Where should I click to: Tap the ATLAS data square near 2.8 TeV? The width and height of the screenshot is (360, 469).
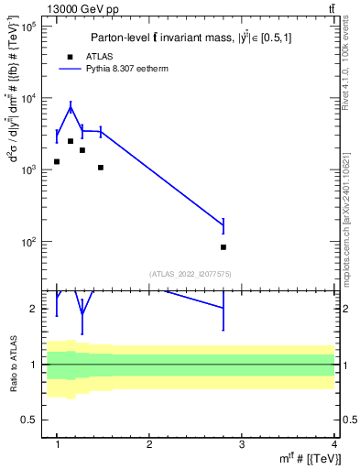tap(224, 247)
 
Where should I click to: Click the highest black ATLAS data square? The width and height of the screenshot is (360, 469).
tap(71, 141)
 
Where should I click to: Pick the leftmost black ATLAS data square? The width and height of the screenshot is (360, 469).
tap(57, 161)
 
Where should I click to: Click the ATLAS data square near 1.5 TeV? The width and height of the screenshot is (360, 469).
tap(101, 168)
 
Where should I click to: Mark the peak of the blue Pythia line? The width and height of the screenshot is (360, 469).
tap(71, 107)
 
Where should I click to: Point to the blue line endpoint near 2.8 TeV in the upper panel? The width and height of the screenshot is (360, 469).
tap(224, 224)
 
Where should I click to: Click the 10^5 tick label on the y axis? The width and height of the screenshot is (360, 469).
tap(28, 27)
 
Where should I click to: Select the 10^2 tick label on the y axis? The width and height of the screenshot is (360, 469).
tap(28, 243)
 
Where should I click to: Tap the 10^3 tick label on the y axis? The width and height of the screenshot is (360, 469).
tap(28, 170)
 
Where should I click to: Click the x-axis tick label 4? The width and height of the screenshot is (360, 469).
tap(333, 444)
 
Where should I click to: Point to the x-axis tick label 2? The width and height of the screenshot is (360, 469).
tap(149, 444)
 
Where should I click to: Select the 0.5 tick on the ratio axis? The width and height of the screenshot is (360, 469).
tap(30, 420)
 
